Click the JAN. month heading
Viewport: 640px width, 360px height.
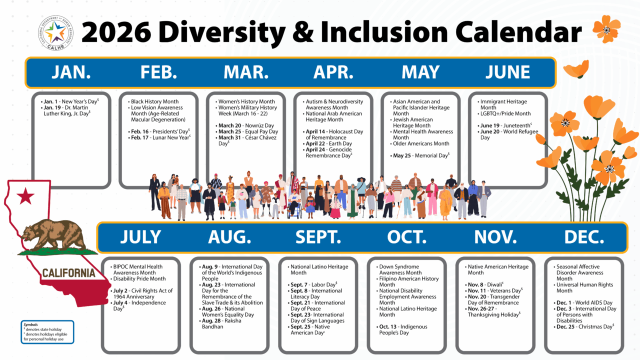pyautogui.click(x=71, y=72)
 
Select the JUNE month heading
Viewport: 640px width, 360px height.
pyautogui.click(x=508, y=72)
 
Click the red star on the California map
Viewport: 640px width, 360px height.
pyautogui.click(x=25, y=197)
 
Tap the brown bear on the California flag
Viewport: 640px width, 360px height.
pyautogui.click(x=53, y=233)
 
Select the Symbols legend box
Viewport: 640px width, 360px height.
pyautogui.click(x=47, y=332)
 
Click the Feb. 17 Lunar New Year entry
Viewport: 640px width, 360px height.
pyautogui.click(x=159, y=137)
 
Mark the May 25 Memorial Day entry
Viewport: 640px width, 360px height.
pyautogui.click(x=421, y=155)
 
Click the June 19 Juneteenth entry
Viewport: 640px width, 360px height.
pyautogui.click(x=505, y=125)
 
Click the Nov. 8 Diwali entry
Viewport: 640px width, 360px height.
pyautogui.click(x=485, y=284)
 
